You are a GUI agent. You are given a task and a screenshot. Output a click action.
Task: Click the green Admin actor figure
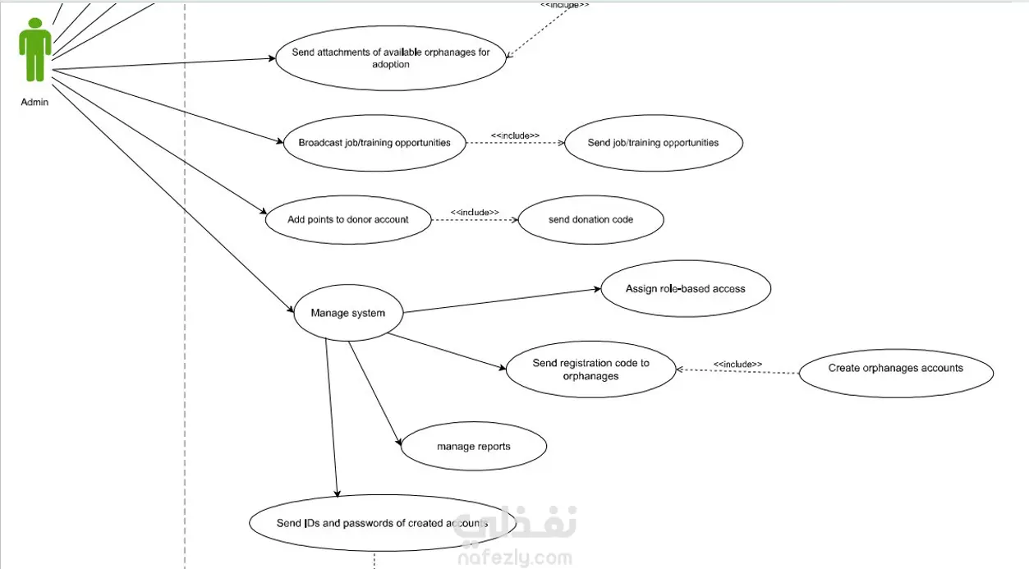[35, 49]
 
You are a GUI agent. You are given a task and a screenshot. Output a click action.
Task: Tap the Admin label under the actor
[34, 102]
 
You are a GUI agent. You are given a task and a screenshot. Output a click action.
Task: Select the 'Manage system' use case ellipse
[348, 313]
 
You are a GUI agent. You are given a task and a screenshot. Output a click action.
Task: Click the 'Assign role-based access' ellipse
[686, 289]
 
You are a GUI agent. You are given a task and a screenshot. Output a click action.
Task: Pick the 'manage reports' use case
[474, 446]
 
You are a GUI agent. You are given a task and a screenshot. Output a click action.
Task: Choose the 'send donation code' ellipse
[590, 219]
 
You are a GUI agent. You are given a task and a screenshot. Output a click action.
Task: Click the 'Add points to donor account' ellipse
[348, 219]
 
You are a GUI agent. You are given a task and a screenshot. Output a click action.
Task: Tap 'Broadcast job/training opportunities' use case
[374, 143]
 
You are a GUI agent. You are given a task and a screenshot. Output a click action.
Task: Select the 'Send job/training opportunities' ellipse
[653, 143]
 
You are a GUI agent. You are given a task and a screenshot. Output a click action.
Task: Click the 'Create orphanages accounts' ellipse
[896, 373]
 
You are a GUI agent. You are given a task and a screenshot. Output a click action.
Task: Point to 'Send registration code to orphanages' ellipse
[590, 369]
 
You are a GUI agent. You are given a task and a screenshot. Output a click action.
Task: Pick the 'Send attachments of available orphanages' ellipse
[391, 57]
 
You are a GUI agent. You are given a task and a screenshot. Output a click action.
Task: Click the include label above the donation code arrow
[475, 212]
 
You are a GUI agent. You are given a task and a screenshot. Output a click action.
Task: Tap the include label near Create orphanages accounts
[737, 365]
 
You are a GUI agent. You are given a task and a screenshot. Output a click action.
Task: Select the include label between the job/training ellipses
[516, 135]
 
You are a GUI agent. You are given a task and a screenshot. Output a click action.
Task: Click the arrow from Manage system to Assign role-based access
[502, 301]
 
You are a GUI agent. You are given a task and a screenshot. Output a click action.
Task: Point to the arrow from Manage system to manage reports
[374, 393]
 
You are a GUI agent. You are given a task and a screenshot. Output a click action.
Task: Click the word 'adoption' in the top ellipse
[391, 64]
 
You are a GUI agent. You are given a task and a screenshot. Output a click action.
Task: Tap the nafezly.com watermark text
[515, 558]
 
